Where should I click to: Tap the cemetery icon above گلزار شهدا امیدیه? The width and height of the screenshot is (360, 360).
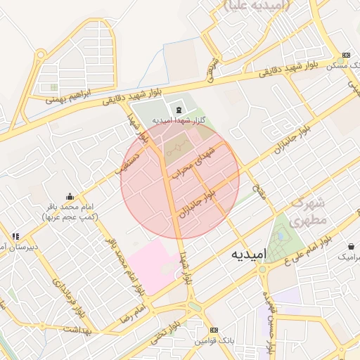177,110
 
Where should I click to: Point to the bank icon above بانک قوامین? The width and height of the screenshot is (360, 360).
214,329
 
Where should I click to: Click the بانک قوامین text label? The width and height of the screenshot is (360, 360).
214,340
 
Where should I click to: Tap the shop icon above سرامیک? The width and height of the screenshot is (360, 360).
351,247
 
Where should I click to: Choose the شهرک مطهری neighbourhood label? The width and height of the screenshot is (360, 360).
307,211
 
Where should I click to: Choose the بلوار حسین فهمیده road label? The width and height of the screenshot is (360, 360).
268,320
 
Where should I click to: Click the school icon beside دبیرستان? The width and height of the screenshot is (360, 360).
15,236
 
